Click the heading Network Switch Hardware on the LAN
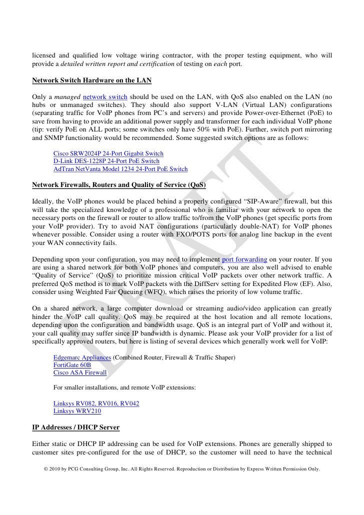[92, 80]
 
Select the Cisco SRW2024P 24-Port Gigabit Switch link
[108, 153]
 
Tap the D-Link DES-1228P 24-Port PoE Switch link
[106, 161]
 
